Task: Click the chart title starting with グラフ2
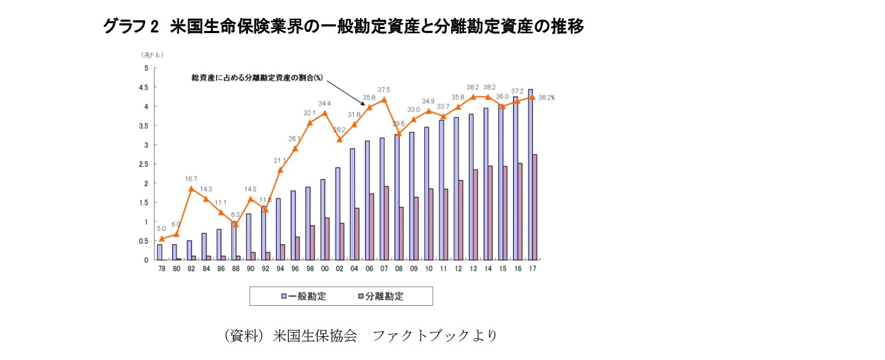[343, 26]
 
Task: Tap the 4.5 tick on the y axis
[144, 88]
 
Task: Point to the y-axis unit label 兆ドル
[152, 55]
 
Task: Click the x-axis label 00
[324, 269]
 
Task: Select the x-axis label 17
[532, 269]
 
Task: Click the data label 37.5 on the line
[383, 90]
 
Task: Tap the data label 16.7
[191, 179]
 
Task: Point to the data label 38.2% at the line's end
[546, 98]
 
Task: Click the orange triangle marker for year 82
[191, 189]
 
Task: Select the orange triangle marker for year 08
[399, 133]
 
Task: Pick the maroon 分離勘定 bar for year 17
[535, 207]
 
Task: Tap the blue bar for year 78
[160, 252]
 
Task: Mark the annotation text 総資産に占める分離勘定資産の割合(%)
[257, 78]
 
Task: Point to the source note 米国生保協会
[315, 336]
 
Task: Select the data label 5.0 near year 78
[161, 229]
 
